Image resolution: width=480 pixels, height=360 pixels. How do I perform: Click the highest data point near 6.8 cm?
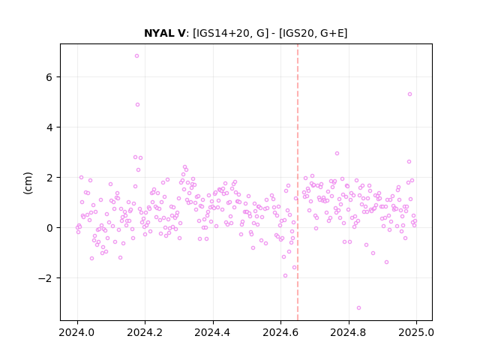(136, 55)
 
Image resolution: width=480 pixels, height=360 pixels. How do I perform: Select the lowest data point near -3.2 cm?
(358, 307)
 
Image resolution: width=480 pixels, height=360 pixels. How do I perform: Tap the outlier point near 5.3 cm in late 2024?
(410, 94)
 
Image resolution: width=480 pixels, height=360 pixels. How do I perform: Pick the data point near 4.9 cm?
(137, 105)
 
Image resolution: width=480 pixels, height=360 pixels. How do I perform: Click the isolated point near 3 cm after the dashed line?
(337, 153)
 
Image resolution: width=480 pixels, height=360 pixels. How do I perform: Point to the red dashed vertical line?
(298, 182)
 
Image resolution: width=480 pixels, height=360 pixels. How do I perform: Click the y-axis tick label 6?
(49, 77)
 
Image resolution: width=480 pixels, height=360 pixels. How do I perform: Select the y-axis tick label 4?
(49, 127)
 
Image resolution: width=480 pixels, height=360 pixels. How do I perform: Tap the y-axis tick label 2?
(49, 178)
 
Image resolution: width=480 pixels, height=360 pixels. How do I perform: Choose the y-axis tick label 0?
(49, 228)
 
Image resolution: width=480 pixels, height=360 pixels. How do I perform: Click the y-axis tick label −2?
(45, 278)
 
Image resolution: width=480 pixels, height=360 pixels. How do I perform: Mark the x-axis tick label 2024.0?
(77, 332)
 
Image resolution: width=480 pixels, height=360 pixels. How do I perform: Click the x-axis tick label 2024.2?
(145, 332)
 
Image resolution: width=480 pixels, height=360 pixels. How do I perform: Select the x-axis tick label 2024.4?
(213, 332)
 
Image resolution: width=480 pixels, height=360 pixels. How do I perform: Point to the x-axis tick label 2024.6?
(280, 332)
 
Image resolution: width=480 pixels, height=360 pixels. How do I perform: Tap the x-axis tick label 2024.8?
(348, 332)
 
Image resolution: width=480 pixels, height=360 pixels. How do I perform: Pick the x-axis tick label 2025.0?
(416, 332)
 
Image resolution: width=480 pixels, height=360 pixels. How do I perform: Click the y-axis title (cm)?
(28, 183)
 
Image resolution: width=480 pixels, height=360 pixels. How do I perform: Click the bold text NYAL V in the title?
(165, 33)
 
